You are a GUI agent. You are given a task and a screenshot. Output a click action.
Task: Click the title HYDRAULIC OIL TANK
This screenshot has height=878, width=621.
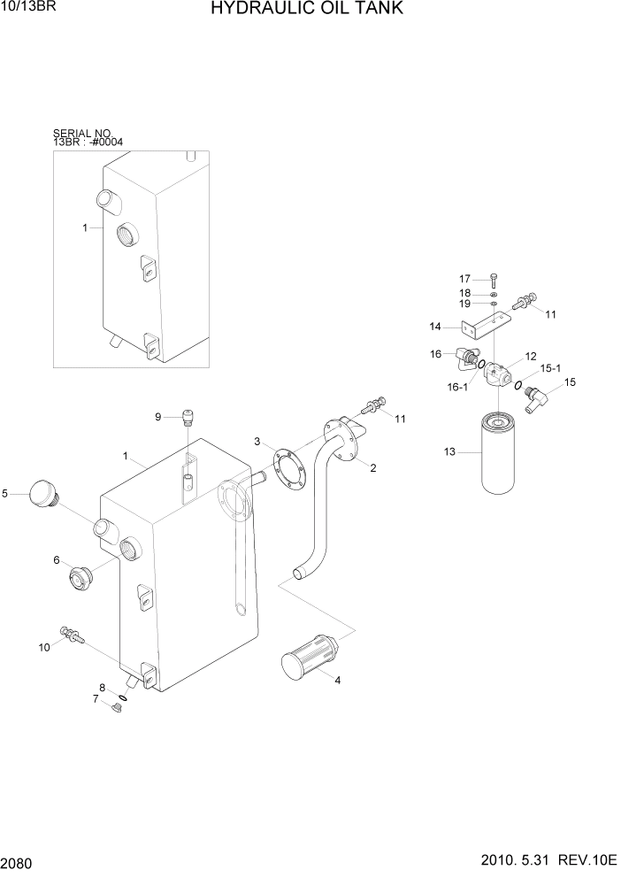click(x=307, y=10)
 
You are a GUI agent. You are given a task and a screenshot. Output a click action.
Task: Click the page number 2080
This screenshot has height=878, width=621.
click(x=19, y=861)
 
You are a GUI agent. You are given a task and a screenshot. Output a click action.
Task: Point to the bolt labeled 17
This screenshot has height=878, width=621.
click(x=493, y=280)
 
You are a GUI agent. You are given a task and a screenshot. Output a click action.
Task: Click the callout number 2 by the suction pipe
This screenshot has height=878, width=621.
click(x=373, y=467)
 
